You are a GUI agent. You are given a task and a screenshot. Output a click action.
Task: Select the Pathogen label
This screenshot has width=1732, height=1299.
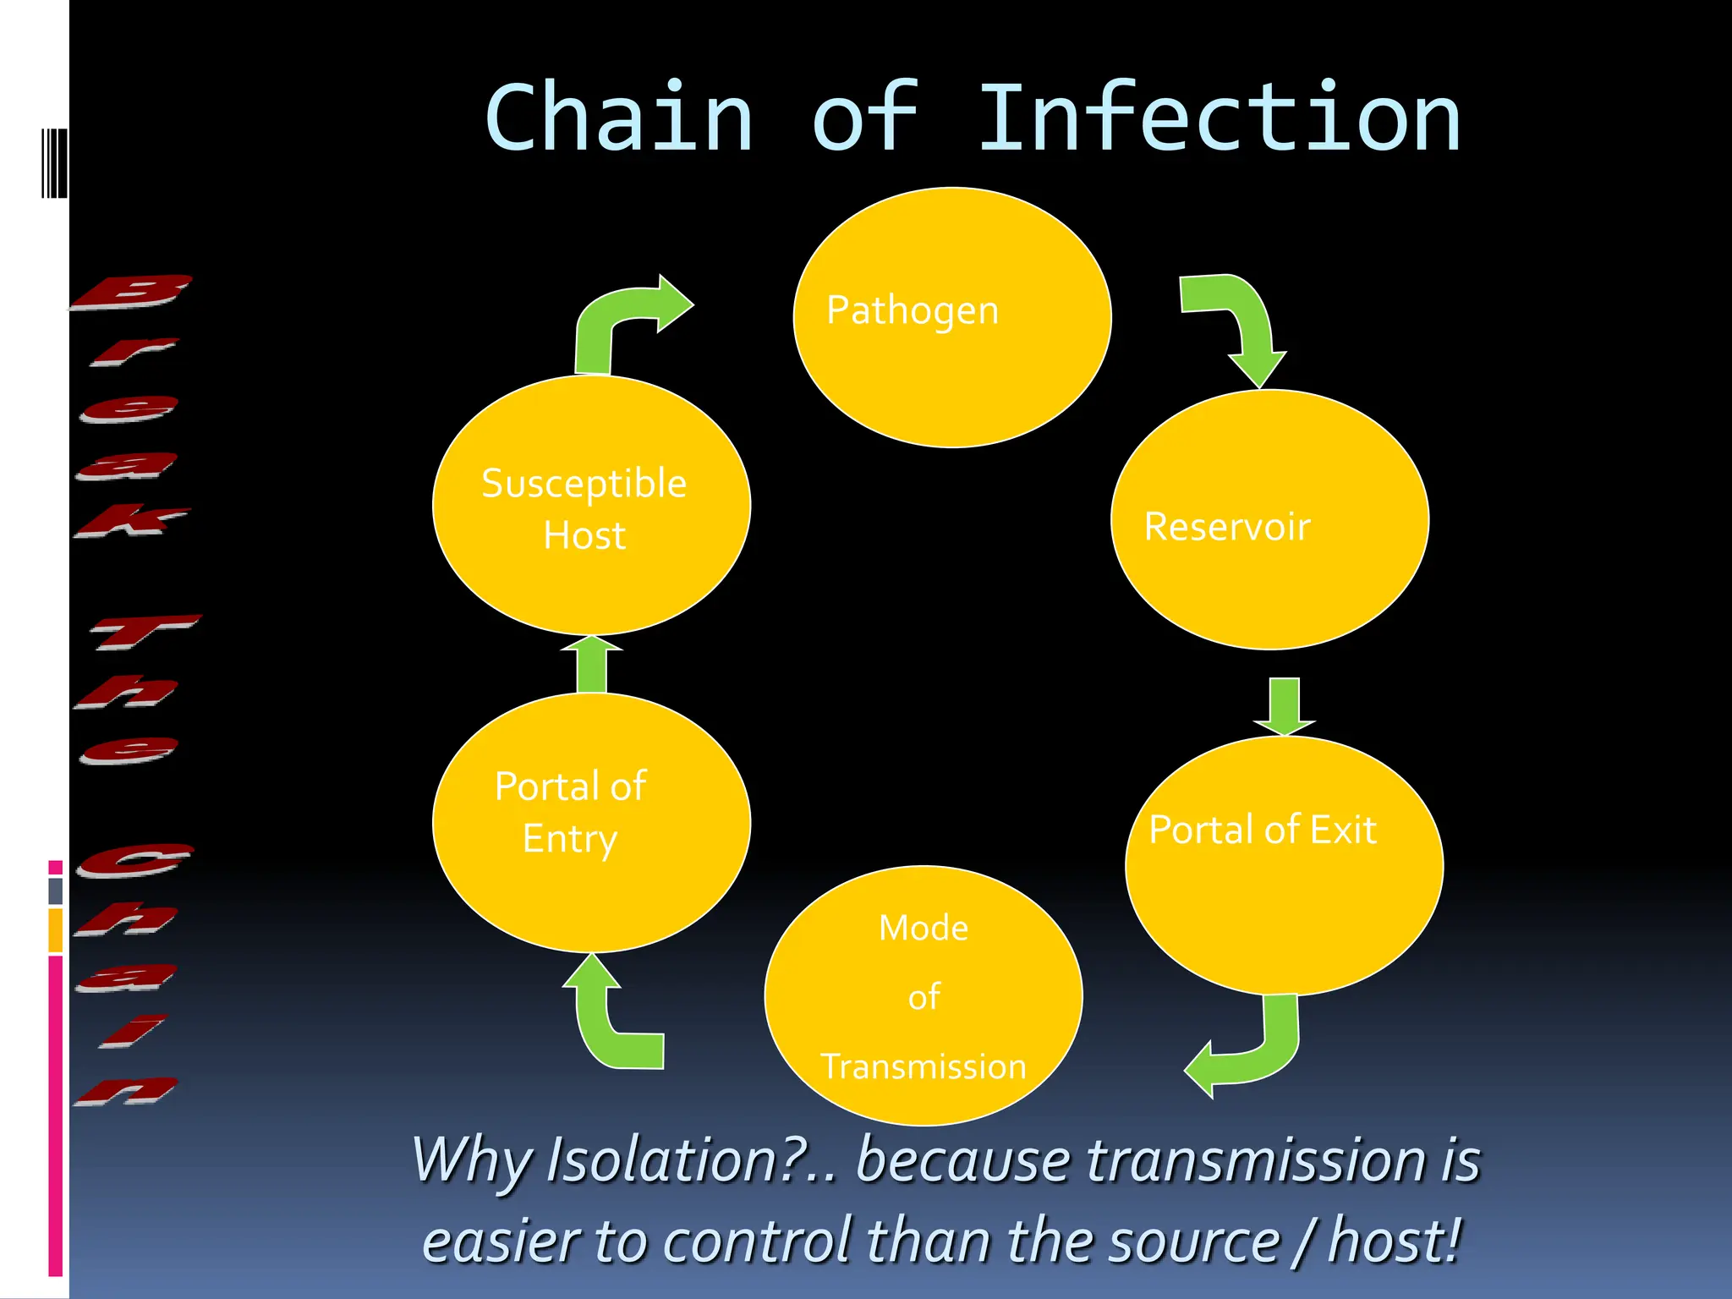(x=913, y=310)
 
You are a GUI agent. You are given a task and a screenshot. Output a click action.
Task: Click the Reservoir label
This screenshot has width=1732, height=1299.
(x=1227, y=527)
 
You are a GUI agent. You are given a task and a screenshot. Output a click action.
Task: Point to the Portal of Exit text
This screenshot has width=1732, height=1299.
(x=1263, y=830)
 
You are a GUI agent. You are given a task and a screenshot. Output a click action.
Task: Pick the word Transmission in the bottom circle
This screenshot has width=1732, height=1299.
(x=924, y=1066)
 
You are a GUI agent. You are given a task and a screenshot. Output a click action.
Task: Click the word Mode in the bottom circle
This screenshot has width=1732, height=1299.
(x=924, y=929)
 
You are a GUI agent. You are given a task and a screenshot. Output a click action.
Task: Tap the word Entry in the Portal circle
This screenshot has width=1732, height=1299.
(x=570, y=839)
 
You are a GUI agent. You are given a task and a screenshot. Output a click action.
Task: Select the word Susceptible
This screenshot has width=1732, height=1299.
(x=584, y=484)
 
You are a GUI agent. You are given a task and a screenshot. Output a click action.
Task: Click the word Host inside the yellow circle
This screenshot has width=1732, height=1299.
(x=584, y=536)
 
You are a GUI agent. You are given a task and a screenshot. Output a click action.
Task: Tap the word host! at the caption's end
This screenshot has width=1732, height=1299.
(x=1395, y=1241)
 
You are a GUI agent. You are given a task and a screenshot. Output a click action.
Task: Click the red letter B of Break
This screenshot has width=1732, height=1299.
(x=131, y=293)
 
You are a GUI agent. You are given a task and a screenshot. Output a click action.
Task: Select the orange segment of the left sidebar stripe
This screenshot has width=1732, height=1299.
(x=55, y=930)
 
